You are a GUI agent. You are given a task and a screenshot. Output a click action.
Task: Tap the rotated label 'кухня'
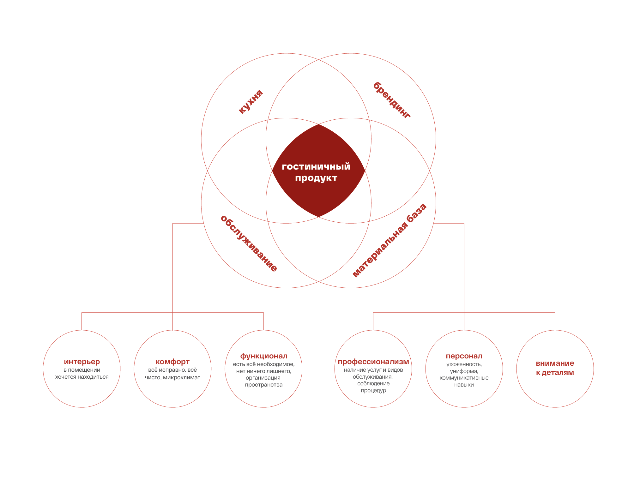(251, 102)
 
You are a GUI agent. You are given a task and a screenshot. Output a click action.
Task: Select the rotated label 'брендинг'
(392, 100)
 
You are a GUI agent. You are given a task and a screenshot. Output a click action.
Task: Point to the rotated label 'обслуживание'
(249, 243)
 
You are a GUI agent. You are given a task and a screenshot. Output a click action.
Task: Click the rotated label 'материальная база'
(389, 241)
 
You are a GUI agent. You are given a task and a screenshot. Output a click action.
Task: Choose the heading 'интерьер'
(82, 362)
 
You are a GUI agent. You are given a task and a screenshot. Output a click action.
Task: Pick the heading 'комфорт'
(172, 362)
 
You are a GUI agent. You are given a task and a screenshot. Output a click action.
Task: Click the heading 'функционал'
(264, 356)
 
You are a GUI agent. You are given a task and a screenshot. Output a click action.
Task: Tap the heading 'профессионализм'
(373, 362)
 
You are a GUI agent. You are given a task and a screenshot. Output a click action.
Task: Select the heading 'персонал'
(464, 356)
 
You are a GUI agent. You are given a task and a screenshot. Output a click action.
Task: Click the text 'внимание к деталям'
(555, 368)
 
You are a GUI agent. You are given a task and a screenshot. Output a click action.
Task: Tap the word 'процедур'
(373, 391)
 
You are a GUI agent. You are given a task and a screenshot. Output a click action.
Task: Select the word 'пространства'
(264, 385)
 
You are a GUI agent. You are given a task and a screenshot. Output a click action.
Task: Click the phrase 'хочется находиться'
(82, 377)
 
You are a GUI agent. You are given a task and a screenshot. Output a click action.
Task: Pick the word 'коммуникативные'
(464, 378)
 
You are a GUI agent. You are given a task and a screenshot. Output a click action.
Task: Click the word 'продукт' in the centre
(316, 178)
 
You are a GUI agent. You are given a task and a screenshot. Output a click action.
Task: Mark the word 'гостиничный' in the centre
(316, 166)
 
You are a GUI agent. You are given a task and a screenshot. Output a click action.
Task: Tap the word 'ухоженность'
(464, 364)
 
